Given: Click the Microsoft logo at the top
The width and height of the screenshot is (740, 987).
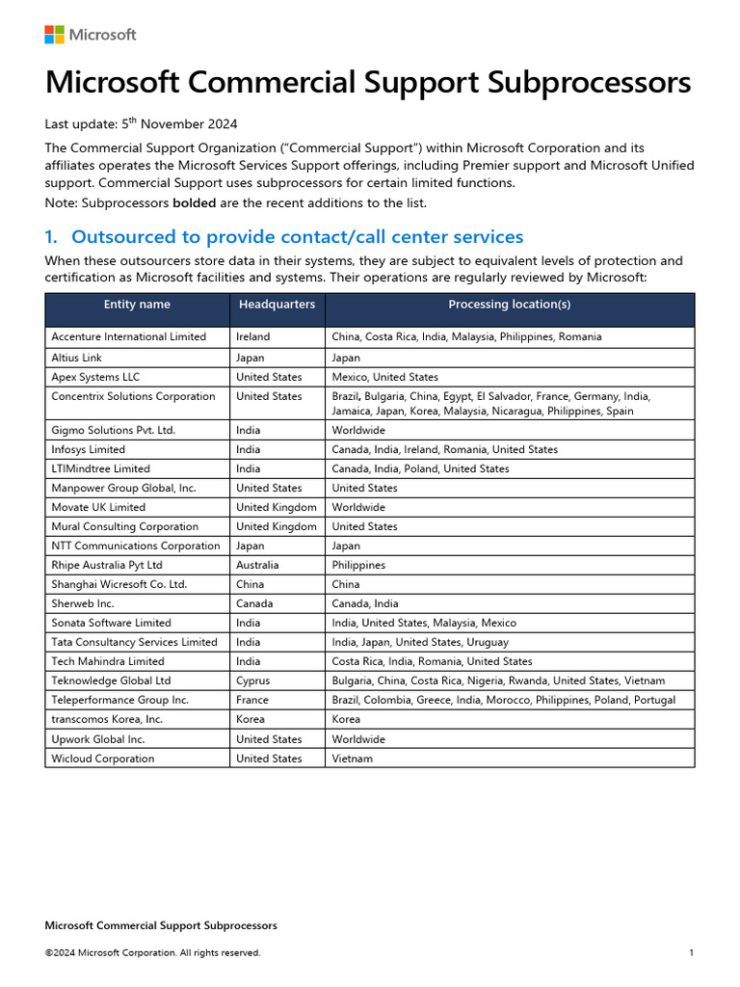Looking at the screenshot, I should pyautogui.click(x=90, y=35).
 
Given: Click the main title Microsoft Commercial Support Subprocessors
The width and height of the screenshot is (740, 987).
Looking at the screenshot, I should pyautogui.click(x=367, y=83).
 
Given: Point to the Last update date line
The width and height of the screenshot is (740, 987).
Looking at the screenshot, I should pyautogui.click(x=141, y=124).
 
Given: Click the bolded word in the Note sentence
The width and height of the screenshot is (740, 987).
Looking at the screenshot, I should pyautogui.click(x=194, y=203).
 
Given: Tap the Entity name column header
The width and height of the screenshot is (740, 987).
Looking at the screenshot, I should pyautogui.click(x=137, y=305).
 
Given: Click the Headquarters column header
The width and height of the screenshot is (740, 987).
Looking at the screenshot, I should pyautogui.click(x=277, y=305).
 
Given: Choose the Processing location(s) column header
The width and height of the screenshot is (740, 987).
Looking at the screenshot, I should pyautogui.click(x=509, y=305).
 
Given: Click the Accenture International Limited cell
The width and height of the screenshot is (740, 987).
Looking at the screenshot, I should pyautogui.click(x=128, y=337).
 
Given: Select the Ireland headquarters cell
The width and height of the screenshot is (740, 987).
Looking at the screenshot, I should pyautogui.click(x=253, y=337).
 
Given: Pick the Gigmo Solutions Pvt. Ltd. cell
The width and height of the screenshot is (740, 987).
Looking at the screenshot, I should pyautogui.click(x=113, y=431).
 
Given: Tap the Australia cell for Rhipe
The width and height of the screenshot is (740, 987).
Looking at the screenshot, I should pyautogui.click(x=257, y=566).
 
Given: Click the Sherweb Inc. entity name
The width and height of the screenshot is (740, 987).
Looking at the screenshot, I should pyautogui.click(x=83, y=604).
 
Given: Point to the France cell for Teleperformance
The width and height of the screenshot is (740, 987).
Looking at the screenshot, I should pyautogui.click(x=252, y=701).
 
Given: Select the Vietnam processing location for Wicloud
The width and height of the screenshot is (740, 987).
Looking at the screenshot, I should pyautogui.click(x=352, y=759).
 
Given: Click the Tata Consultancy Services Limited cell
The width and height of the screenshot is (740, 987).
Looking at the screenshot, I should pyautogui.click(x=134, y=643).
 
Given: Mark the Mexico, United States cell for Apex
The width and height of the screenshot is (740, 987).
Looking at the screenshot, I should pyautogui.click(x=384, y=377).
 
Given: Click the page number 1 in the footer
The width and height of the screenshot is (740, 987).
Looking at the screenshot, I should pyautogui.click(x=692, y=953).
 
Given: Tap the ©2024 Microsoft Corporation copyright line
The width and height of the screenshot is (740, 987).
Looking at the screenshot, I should pyautogui.click(x=152, y=953).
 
